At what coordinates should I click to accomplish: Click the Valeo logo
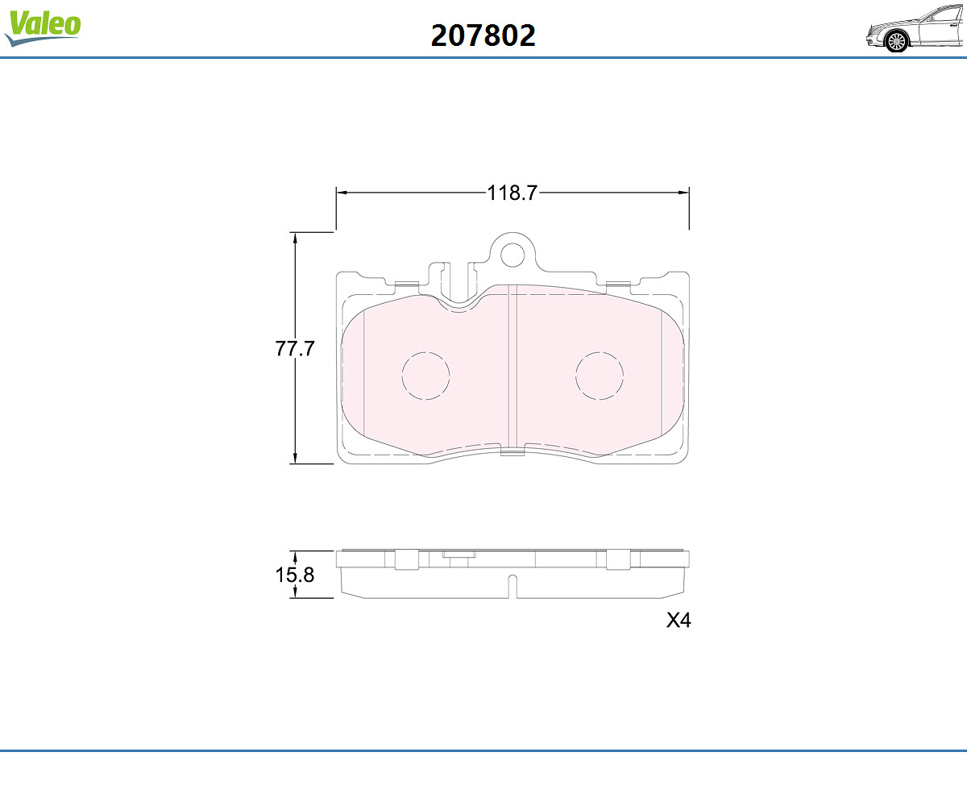(x=43, y=27)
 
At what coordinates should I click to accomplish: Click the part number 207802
(x=483, y=35)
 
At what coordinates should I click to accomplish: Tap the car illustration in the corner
(x=916, y=28)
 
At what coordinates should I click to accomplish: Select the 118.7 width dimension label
(x=512, y=193)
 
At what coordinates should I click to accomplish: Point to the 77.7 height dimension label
(x=295, y=348)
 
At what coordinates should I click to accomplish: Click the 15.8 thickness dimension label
(x=295, y=575)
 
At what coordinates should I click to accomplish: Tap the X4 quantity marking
(x=679, y=621)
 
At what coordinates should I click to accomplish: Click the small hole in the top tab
(x=512, y=255)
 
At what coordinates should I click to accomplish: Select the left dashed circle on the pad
(x=425, y=376)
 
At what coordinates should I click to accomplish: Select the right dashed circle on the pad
(x=600, y=376)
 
